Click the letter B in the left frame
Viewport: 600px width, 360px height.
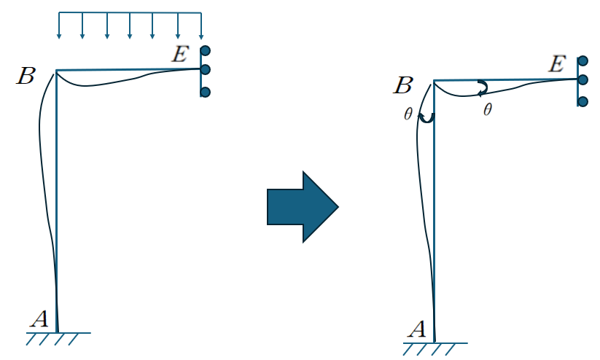point(26,76)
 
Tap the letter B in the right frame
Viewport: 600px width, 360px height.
point(402,85)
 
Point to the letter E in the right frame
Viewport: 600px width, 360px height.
point(556,64)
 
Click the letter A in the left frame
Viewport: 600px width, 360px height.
point(39,317)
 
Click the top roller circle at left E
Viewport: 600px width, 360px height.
point(206,51)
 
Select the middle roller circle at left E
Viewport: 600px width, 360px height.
point(206,70)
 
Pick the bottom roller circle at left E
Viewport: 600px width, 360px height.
point(206,92)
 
